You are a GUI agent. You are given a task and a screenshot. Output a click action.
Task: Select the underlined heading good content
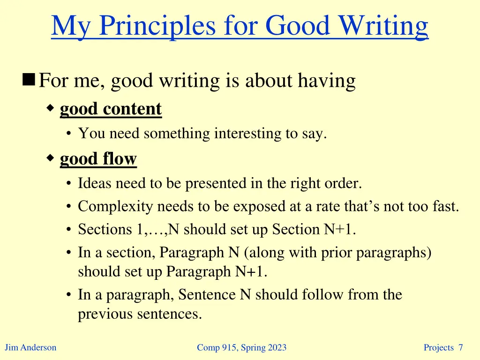tap(111, 109)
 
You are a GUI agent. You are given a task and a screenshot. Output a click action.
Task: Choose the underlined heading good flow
tap(98, 159)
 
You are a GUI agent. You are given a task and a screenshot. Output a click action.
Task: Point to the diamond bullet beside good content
tap(51, 108)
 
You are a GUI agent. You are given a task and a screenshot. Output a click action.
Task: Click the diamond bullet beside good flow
tap(51, 158)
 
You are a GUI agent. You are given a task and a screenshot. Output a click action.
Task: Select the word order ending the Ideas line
tap(346, 183)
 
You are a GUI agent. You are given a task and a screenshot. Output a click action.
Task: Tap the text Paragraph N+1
tap(217, 271)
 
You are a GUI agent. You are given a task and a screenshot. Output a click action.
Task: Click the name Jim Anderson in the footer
tap(30, 347)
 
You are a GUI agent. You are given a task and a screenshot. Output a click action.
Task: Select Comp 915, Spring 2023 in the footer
tap(241, 347)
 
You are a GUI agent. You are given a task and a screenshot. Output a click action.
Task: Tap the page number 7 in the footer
tap(461, 347)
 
